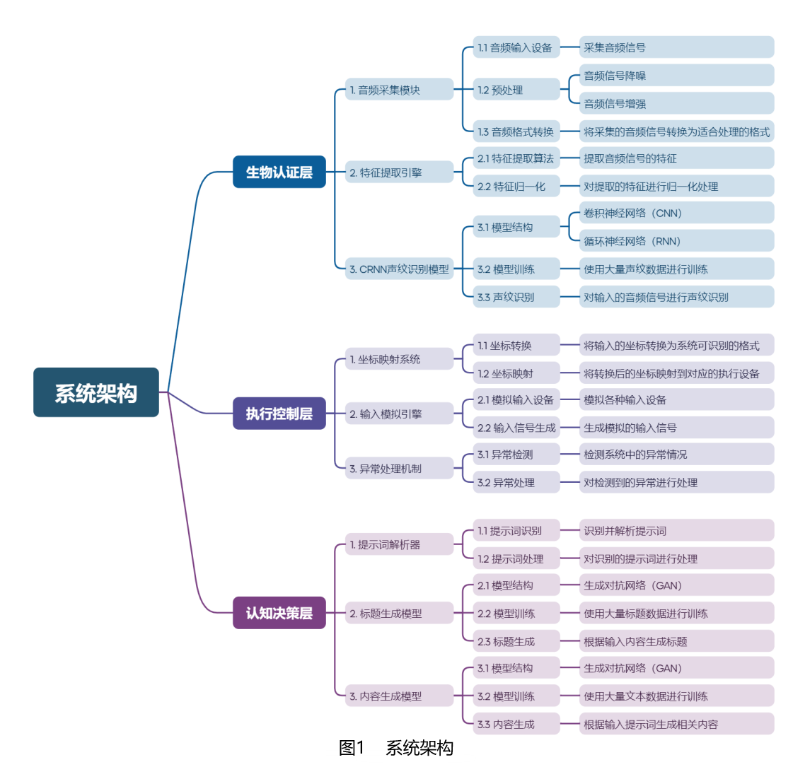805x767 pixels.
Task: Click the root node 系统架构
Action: [96, 392]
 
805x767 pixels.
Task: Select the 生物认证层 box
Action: [279, 172]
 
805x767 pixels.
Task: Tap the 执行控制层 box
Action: [279, 414]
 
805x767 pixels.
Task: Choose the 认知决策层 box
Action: [279, 613]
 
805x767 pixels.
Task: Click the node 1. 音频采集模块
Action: [399, 90]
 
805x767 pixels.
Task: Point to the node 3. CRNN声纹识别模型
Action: [399, 269]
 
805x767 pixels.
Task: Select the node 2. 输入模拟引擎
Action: [399, 414]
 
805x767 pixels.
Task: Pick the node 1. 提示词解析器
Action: [399, 544]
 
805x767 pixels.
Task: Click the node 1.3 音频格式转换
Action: [516, 131]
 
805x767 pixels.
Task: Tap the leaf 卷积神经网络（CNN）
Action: [676, 213]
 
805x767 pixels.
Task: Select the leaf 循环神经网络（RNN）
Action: [676, 241]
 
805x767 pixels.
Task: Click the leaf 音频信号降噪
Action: [676, 76]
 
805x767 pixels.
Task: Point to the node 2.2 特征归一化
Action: [516, 187]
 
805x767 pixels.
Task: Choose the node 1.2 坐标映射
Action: [516, 373]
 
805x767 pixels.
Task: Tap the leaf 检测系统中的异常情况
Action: [676, 455]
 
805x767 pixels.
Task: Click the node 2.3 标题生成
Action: [516, 641]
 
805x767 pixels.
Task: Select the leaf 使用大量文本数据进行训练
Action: [676, 696]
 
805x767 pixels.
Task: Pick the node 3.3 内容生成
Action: [516, 724]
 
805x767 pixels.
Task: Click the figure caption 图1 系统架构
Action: [396, 748]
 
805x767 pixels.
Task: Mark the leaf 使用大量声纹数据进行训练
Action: [676, 269]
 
